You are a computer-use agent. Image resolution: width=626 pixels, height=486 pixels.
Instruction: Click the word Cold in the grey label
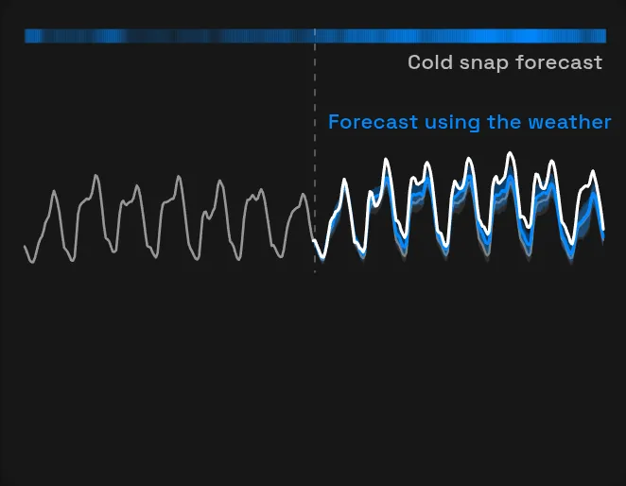430,62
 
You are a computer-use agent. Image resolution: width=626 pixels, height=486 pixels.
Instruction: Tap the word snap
483,64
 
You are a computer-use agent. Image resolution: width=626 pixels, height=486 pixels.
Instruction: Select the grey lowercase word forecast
559,62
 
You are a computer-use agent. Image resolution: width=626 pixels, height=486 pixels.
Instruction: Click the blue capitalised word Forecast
373,122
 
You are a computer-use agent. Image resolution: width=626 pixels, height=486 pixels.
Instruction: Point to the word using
452,123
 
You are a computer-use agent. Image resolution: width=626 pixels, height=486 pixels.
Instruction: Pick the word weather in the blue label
569,122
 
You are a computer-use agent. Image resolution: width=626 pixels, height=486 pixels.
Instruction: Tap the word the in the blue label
504,122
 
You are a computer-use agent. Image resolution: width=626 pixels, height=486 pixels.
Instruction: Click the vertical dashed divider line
315,151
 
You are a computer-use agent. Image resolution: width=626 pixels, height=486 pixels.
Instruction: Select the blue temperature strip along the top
316,36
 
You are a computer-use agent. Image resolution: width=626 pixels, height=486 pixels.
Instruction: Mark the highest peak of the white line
510,152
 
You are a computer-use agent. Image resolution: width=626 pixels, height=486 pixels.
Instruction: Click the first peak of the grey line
54,192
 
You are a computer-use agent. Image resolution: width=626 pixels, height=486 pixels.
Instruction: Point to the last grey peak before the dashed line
303,195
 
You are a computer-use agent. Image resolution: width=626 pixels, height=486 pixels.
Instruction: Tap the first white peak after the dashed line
344,180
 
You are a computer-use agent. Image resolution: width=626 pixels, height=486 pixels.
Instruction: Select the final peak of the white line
593,171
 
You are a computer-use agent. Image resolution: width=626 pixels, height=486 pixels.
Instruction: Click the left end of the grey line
25,247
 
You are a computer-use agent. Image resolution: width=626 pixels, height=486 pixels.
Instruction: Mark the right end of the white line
603,230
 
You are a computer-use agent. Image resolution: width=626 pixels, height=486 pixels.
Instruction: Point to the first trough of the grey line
32,262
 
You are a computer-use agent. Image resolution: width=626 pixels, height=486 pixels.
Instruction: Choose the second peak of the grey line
96,175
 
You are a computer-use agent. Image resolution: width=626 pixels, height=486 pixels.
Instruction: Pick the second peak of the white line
386,160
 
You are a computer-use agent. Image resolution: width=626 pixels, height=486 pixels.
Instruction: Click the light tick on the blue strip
315,32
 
